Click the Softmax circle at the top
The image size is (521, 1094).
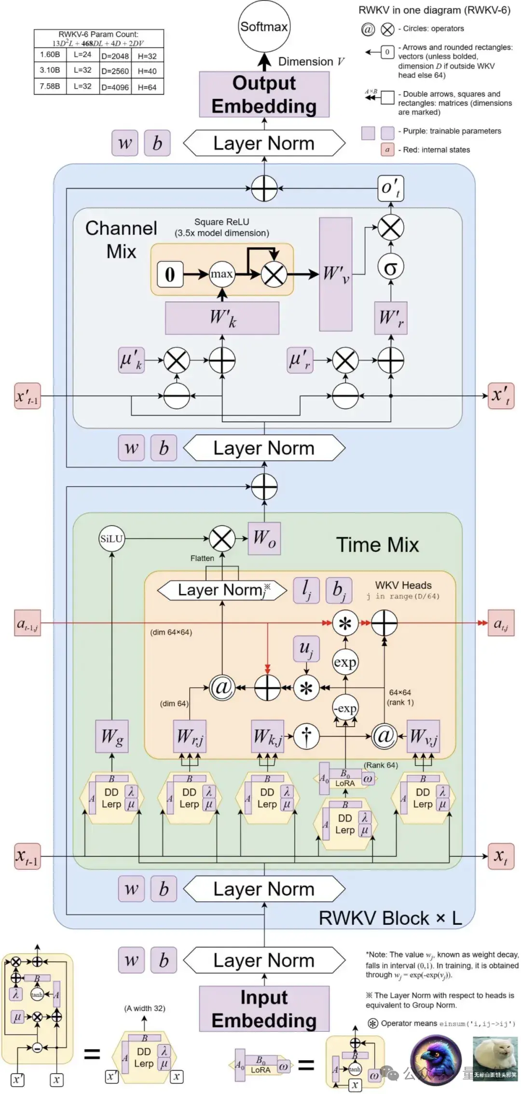point(264,27)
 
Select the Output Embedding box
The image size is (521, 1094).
point(264,95)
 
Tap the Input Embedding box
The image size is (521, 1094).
point(264,1009)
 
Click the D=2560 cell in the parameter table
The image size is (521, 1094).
point(115,71)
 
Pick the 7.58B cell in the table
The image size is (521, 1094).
point(50,86)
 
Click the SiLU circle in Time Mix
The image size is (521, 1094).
point(111,539)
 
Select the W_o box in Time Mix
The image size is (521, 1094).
point(264,539)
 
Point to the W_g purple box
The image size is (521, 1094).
point(112,736)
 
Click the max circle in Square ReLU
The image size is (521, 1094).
point(222,274)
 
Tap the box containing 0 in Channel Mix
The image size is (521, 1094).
point(170,274)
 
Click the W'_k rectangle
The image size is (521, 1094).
point(222,318)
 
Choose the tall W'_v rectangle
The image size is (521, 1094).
point(336,274)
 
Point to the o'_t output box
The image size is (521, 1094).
point(390,188)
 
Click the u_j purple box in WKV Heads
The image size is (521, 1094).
point(306,648)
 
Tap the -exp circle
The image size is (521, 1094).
point(345,708)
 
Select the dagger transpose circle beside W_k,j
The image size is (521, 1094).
point(306,736)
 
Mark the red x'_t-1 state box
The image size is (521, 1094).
point(27,396)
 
